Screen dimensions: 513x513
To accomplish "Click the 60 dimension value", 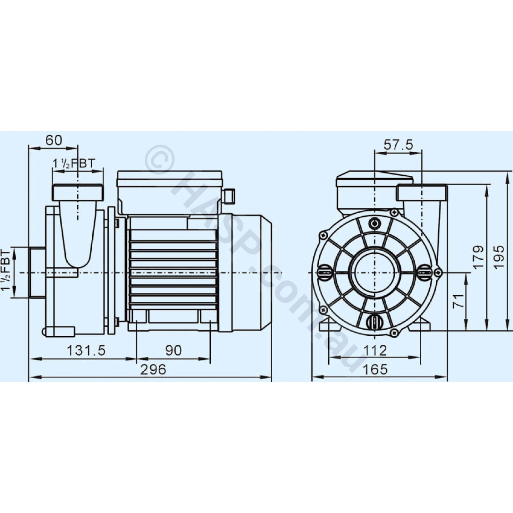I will tap(54, 140).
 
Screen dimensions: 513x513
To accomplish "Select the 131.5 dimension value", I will tap(86, 350).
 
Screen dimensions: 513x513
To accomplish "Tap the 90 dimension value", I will tap(173, 350).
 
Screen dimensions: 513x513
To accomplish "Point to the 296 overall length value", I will tap(154, 369).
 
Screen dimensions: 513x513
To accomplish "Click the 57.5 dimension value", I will tap(399, 145).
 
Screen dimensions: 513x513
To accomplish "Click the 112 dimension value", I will tap(375, 350).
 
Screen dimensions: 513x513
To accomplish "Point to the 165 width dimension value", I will tap(375, 369).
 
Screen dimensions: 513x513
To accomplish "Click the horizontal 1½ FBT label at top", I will tap(74, 164).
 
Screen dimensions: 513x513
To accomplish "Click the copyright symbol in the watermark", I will tap(159, 159).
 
